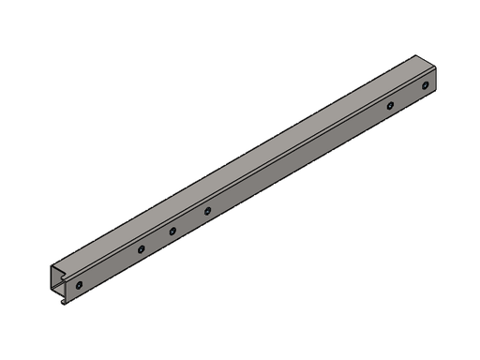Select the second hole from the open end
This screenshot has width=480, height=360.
(x=140, y=250)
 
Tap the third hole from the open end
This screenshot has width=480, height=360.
(x=172, y=231)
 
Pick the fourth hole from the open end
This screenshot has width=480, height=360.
(x=207, y=211)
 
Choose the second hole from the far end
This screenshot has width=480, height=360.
(x=390, y=105)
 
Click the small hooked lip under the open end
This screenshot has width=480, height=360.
(x=63, y=301)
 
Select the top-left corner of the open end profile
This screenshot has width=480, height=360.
(x=51, y=266)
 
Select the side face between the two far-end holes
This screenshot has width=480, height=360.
(x=408, y=96)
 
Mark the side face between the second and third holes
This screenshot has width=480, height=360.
(x=157, y=241)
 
